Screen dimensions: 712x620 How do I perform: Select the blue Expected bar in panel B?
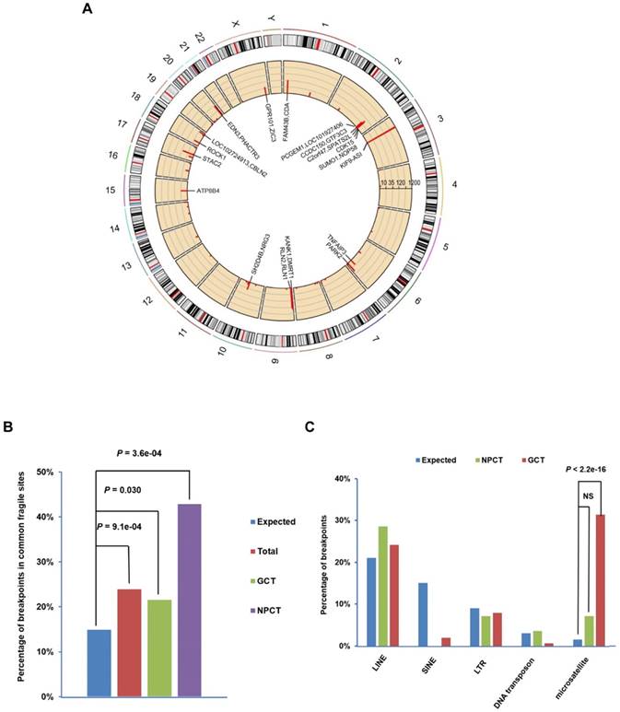click(99, 663)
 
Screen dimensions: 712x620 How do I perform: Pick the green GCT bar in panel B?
click(158, 648)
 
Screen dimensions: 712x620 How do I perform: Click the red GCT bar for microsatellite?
click(601, 580)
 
